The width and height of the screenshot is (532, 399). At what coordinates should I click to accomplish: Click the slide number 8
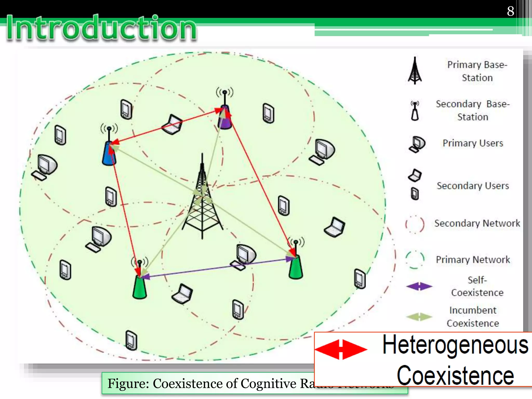pos(510,11)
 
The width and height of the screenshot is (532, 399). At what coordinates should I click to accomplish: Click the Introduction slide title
pos(101,28)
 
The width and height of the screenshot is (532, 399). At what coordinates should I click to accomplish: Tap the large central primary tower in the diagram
pos(202,197)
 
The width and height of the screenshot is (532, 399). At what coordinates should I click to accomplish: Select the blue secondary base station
pos(109,153)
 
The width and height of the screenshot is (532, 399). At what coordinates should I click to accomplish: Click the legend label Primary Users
pos(473,143)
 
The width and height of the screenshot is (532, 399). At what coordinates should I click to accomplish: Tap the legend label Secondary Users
pos(473,186)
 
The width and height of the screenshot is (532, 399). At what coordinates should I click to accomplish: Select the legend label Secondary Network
pos(477,223)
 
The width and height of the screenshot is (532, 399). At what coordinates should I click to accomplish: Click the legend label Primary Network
pos(473,260)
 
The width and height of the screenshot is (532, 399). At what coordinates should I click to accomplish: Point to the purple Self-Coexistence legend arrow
pos(419,287)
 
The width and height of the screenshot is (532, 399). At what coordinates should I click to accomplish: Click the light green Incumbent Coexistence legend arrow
pos(419,317)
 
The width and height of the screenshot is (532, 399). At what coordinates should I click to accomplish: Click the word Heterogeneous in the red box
pos(455,345)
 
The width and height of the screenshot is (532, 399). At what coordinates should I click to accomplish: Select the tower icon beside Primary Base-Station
pos(415,71)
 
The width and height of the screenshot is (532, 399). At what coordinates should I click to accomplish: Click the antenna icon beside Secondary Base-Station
pos(415,111)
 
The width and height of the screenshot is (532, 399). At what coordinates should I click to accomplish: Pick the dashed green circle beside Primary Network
pos(415,260)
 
